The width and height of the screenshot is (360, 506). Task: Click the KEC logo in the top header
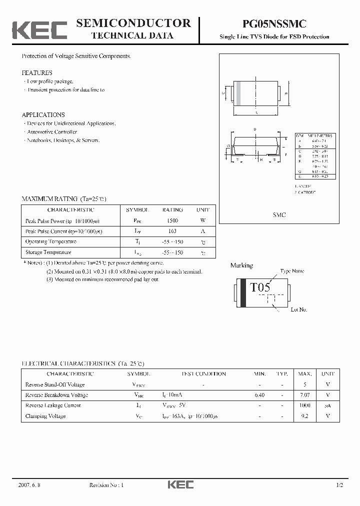coord(39,29)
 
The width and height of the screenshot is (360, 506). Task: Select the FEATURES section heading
coord(37,72)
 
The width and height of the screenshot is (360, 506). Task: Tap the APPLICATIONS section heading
coord(43,114)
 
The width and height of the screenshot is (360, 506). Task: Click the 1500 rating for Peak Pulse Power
coord(172,220)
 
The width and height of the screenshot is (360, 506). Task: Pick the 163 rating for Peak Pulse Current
coord(172,231)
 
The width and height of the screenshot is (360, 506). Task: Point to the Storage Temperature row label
coord(48,252)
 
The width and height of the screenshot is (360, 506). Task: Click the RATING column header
coord(172,210)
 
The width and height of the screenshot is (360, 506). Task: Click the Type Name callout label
coord(292,271)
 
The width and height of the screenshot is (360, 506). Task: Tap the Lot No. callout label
coord(298,309)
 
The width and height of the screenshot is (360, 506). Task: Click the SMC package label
coord(279,214)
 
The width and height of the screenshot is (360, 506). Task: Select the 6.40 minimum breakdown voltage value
coord(259,395)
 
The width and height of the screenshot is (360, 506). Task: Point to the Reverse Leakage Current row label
coord(52,405)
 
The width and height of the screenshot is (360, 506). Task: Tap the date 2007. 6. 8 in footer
coord(29,485)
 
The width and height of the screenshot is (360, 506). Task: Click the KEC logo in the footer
coord(180,485)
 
